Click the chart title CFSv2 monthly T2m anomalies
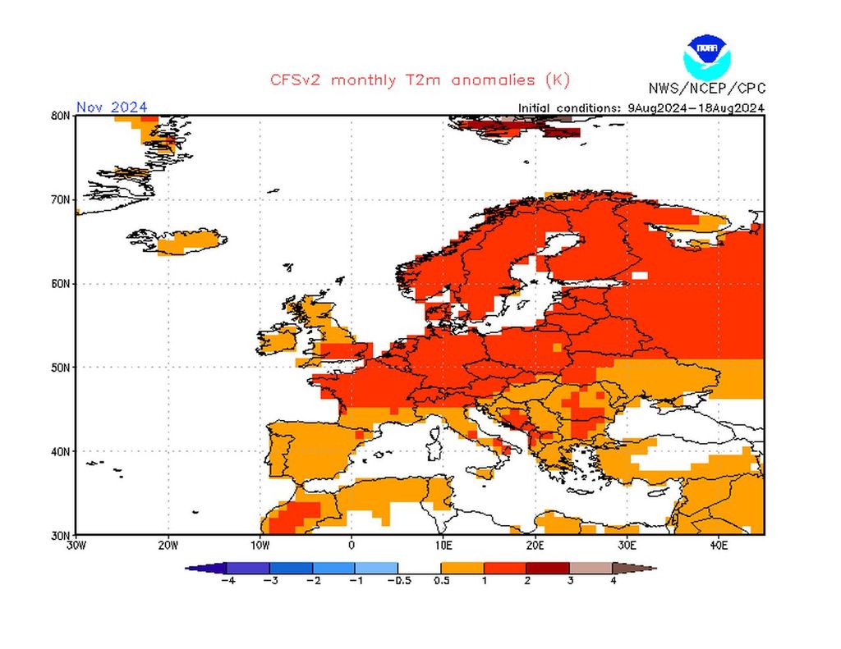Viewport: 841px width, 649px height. point(420,80)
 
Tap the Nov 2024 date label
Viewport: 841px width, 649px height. point(112,107)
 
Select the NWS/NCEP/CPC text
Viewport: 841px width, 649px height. point(706,89)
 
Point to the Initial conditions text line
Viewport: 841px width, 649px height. point(641,107)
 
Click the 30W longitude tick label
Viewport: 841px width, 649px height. point(76,545)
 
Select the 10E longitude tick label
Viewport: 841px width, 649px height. point(443,545)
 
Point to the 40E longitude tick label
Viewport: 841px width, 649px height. point(718,545)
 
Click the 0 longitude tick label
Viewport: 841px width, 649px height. point(352,545)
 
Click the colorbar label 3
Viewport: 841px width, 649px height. point(569,581)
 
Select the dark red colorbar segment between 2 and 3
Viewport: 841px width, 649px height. point(548,567)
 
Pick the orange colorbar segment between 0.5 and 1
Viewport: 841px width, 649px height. point(462,567)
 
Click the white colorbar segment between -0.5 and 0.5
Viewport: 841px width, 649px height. point(420,567)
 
